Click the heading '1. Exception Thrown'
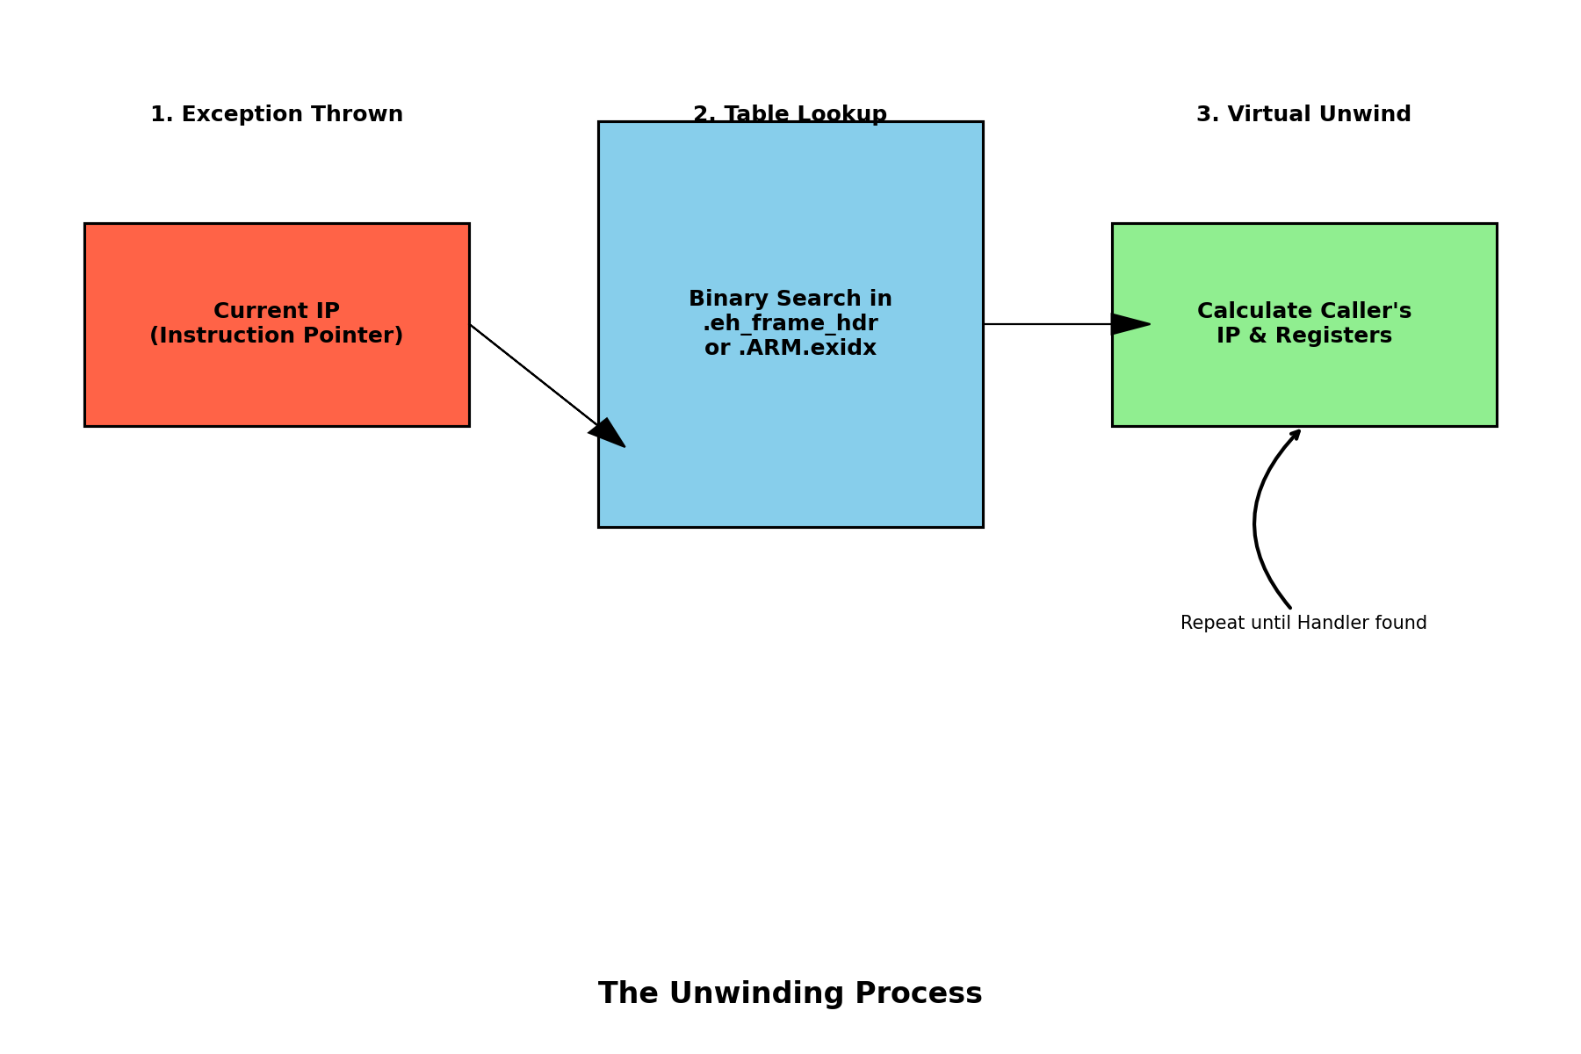(277, 115)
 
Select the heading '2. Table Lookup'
(790, 115)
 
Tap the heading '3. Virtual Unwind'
(1303, 115)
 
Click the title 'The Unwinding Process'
(790, 993)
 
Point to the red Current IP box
(277, 386)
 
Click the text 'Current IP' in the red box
(277, 312)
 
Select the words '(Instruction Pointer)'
(277, 336)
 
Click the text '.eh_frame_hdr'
(790, 324)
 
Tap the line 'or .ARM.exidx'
(790, 349)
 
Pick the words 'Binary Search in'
(790, 300)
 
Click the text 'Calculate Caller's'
(1303, 312)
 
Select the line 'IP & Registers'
(1303, 336)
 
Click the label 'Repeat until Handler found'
(1303, 624)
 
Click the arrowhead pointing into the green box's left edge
(1130, 324)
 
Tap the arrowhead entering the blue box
(608, 434)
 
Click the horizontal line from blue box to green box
(1045, 324)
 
